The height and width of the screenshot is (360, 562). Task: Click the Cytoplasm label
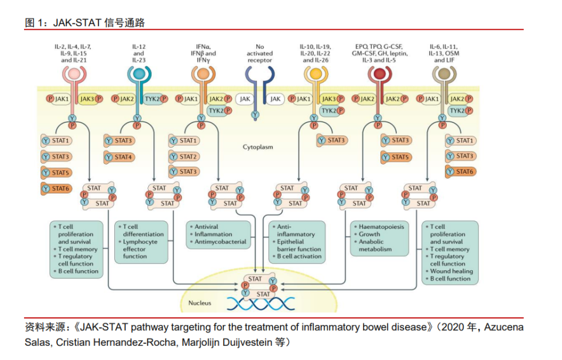258,148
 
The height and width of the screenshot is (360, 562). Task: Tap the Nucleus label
200,303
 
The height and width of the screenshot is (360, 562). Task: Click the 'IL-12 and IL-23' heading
138,53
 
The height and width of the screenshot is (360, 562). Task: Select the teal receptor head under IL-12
138,74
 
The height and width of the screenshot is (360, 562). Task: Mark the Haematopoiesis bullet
380,227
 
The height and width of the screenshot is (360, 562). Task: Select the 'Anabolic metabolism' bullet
378,245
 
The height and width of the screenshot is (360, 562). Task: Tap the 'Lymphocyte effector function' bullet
143,249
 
